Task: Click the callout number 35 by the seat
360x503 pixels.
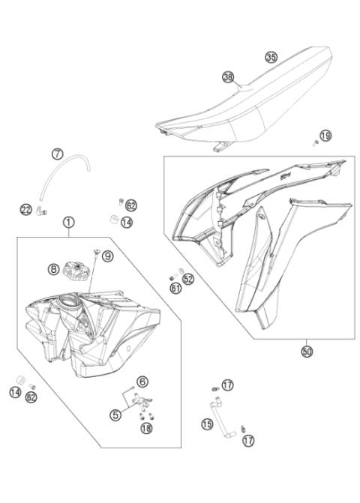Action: tap(271, 57)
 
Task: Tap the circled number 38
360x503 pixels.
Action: tap(228, 76)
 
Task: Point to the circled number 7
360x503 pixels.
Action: tap(57, 154)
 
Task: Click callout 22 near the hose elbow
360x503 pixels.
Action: tap(25, 209)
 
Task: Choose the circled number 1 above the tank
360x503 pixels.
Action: tap(68, 222)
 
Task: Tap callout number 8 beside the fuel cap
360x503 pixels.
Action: tap(54, 268)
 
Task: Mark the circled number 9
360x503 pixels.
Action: tap(107, 256)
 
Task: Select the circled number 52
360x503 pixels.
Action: tap(188, 279)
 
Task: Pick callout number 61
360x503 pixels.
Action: tap(175, 288)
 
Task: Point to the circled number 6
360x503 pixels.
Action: tap(142, 382)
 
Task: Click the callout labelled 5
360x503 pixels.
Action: tap(115, 414)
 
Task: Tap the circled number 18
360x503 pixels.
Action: tap(145, 428)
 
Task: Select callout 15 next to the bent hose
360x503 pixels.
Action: tap(207, 424)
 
